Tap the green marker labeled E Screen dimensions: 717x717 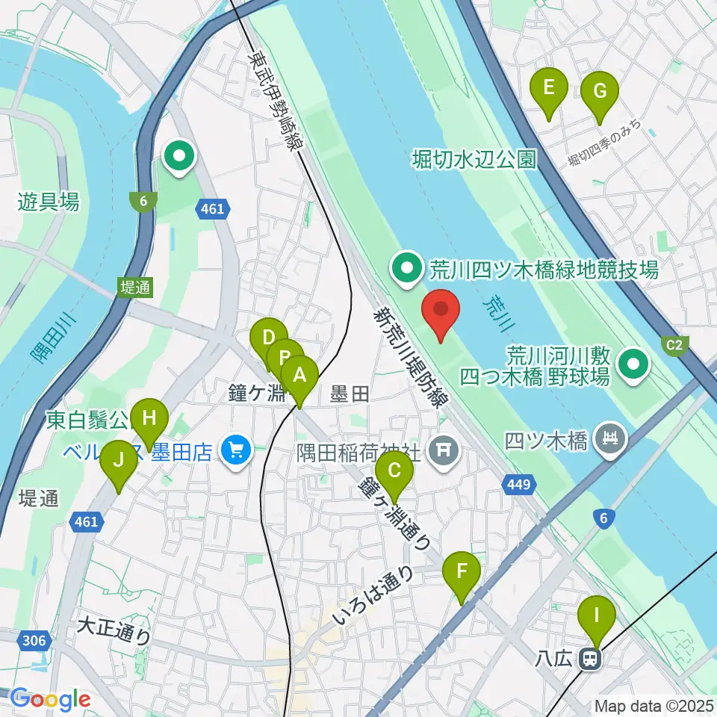coord(548,90)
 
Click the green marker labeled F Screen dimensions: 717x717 coord(462,575)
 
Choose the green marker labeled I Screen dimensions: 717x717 coord(596,619)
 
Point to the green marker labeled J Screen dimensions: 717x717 coord(118,463)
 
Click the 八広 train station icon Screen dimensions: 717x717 coord(591,659)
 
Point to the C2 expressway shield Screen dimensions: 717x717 coord(674,344)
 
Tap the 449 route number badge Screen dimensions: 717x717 coord(519,485)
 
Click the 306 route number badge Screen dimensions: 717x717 coord(34,640)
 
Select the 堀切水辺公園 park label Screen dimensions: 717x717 coord(474,159)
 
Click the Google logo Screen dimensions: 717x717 coord(51,700)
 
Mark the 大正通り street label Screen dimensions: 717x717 coord(114,630)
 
